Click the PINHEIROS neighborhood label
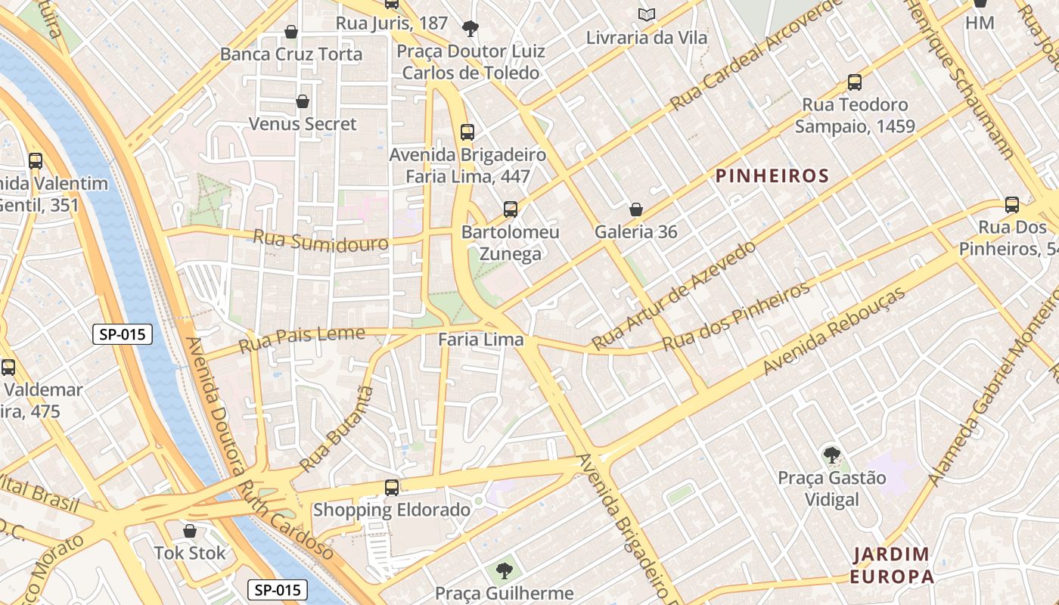click(772, 176)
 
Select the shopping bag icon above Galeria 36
click(636, 209)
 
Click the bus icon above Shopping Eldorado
click(391, 488)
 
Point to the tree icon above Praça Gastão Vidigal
click(831, 455)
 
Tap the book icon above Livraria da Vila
click(646, 14)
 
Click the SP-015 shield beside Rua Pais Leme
click(123, 334)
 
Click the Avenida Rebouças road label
click(834, 330)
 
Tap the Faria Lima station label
click(481, 340)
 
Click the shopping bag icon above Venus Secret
click(303, 101)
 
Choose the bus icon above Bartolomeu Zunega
click(511, 209)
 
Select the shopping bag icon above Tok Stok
click(190, 531)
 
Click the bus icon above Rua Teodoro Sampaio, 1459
click(855, 82)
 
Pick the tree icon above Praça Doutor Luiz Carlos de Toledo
click(470, 29)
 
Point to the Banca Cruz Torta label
click(291, 54)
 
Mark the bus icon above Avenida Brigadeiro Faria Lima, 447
click(467, 132)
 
